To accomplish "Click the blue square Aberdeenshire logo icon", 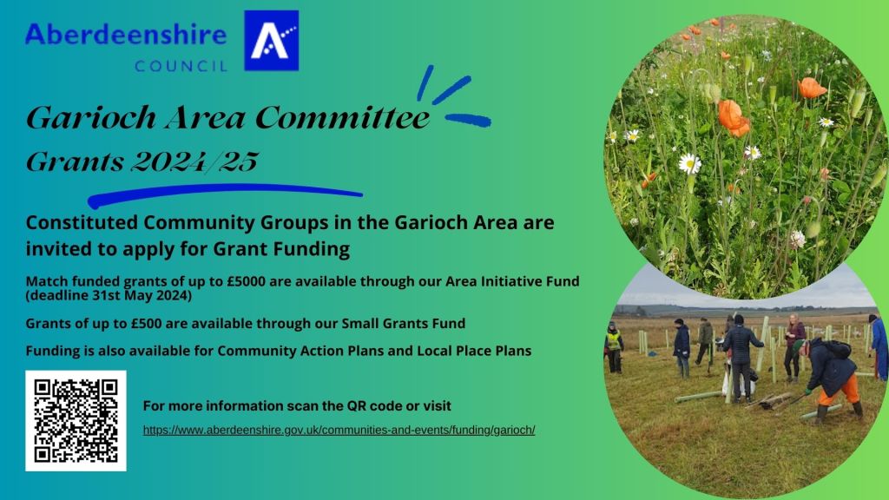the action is tap(271, 40).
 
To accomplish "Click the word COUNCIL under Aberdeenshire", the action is tap(181, 66).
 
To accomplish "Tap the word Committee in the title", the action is tap(342, 117).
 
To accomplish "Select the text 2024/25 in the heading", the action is tap(194, 161).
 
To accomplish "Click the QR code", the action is tap(76, 421).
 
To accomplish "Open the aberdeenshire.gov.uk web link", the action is tap(339, 430).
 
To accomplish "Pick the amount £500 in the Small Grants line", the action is tap(146, 323).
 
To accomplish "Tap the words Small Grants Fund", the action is tap(403, 323).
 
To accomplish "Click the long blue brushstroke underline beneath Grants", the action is tap(225, 194).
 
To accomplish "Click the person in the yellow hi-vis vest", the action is tap(614, 347).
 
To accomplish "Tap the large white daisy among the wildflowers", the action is tap(690, 163).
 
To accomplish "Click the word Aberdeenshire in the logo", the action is tap(126, 34).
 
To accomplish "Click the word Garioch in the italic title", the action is tap(91, 117).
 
